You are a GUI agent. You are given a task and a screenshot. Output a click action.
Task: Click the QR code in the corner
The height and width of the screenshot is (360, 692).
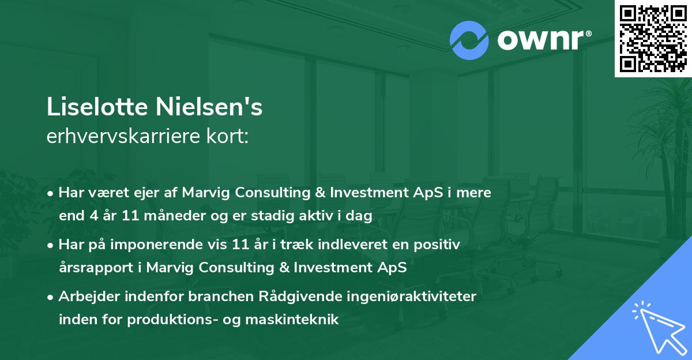pos(653,39)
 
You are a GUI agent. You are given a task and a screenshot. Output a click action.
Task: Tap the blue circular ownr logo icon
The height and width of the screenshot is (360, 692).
pos(469,40)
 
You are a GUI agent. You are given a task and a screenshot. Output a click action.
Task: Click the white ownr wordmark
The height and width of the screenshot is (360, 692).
pos(544,40)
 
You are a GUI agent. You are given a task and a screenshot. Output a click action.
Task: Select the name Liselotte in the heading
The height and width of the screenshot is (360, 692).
pos(97,107)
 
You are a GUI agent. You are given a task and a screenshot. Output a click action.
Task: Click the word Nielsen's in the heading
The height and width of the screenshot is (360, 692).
pos(209,107)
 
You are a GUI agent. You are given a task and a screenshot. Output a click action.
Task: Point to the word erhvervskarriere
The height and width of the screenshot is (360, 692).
pos(123,136)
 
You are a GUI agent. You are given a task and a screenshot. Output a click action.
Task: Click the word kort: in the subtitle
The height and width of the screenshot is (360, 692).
pos(227,136)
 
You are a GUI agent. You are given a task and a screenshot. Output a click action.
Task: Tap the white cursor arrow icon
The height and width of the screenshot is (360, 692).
pos(659,328)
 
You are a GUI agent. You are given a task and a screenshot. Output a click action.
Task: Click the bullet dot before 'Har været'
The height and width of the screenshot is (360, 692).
pos(50,194)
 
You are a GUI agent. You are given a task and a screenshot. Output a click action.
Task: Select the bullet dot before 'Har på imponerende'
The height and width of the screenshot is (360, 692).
pos(50,246)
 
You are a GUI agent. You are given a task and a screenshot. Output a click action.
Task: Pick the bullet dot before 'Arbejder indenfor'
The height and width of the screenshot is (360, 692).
pos(50,298)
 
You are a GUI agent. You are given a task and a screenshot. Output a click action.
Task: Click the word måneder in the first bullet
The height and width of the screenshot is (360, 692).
pos(175,215)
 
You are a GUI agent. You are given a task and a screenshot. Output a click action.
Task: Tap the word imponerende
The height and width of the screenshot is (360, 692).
pos(157,245)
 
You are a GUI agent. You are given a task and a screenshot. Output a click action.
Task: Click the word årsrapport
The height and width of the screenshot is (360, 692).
pos(96,268)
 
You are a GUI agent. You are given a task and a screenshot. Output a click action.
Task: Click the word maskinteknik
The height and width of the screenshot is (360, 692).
pos(292,319)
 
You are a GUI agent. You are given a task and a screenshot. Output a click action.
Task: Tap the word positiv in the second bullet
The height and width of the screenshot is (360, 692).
pos(437,245)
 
